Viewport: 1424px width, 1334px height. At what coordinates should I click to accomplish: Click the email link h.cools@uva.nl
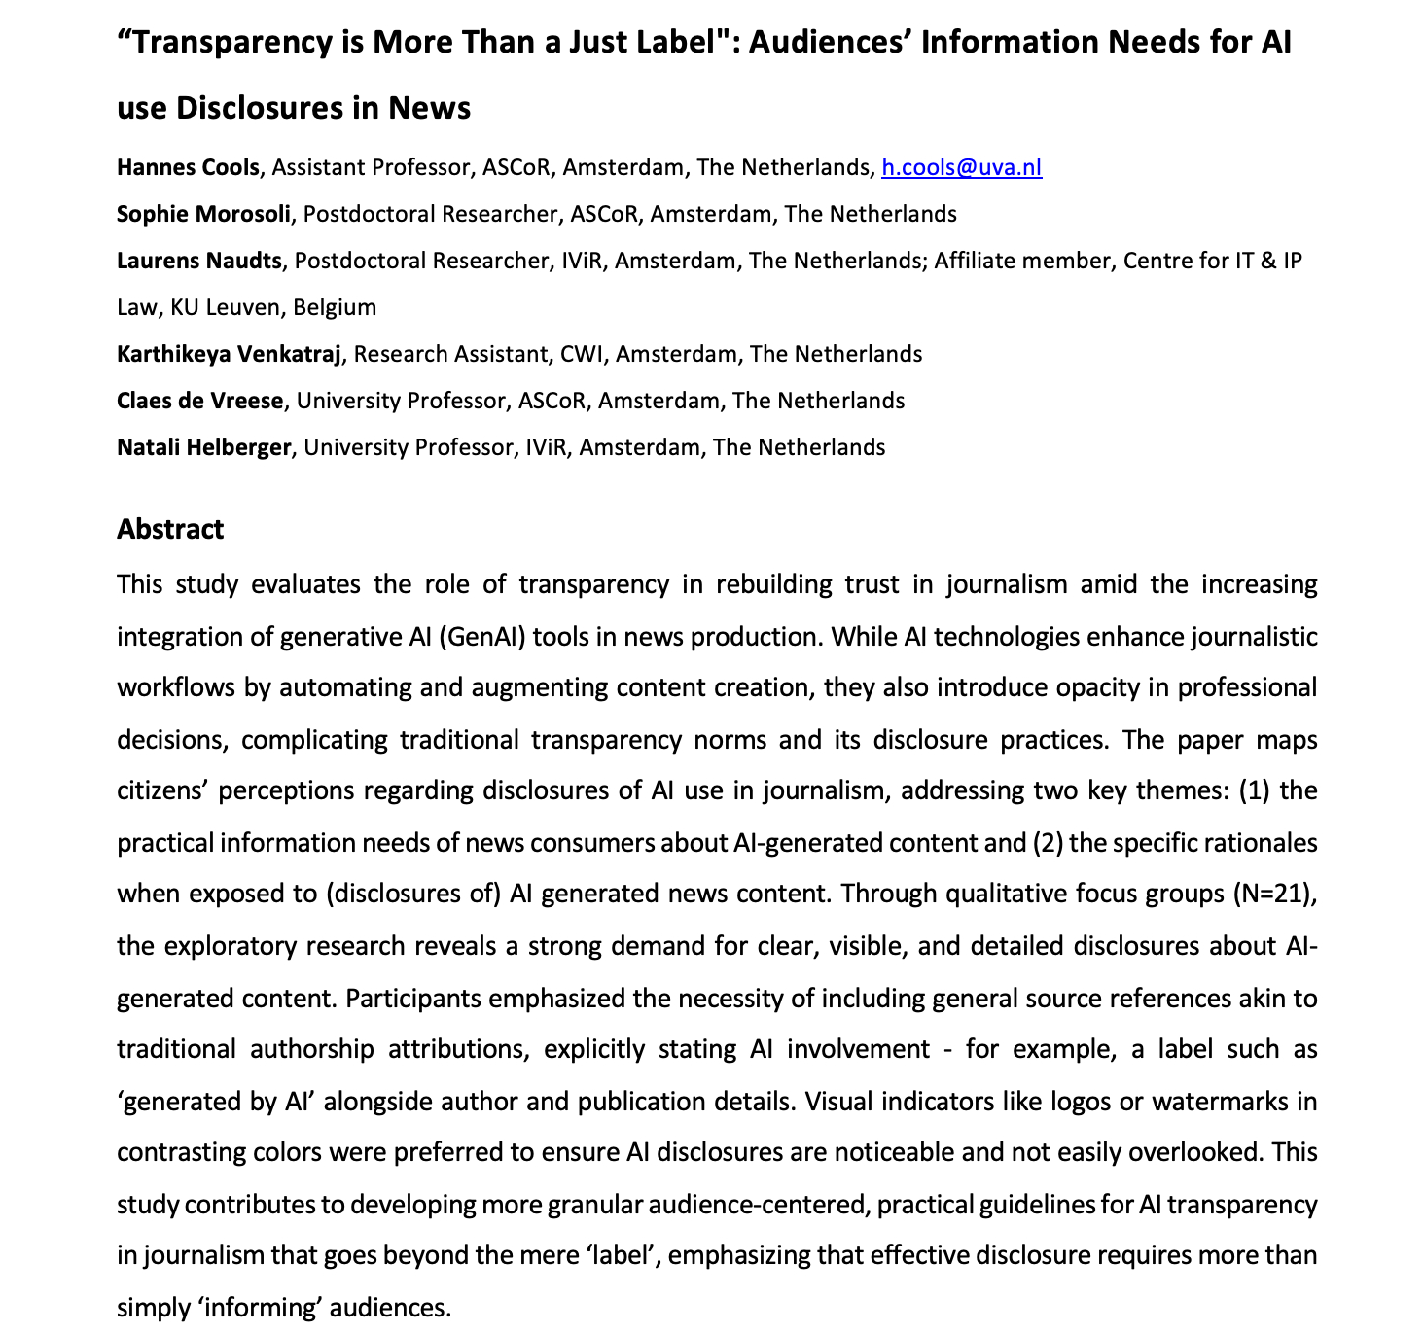tap(961, 167)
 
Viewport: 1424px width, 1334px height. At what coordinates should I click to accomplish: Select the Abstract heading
tap(170, 529)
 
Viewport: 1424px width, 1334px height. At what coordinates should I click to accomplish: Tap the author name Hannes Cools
tap(188, 167)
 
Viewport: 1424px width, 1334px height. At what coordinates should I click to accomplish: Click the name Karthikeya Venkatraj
tap(229, 354)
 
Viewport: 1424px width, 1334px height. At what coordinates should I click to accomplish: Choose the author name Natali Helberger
tap(203, 447)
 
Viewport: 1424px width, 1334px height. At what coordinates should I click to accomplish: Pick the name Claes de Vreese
tap(199, 401)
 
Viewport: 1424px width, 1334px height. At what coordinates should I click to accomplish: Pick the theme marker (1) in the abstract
tap(1252, 790)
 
